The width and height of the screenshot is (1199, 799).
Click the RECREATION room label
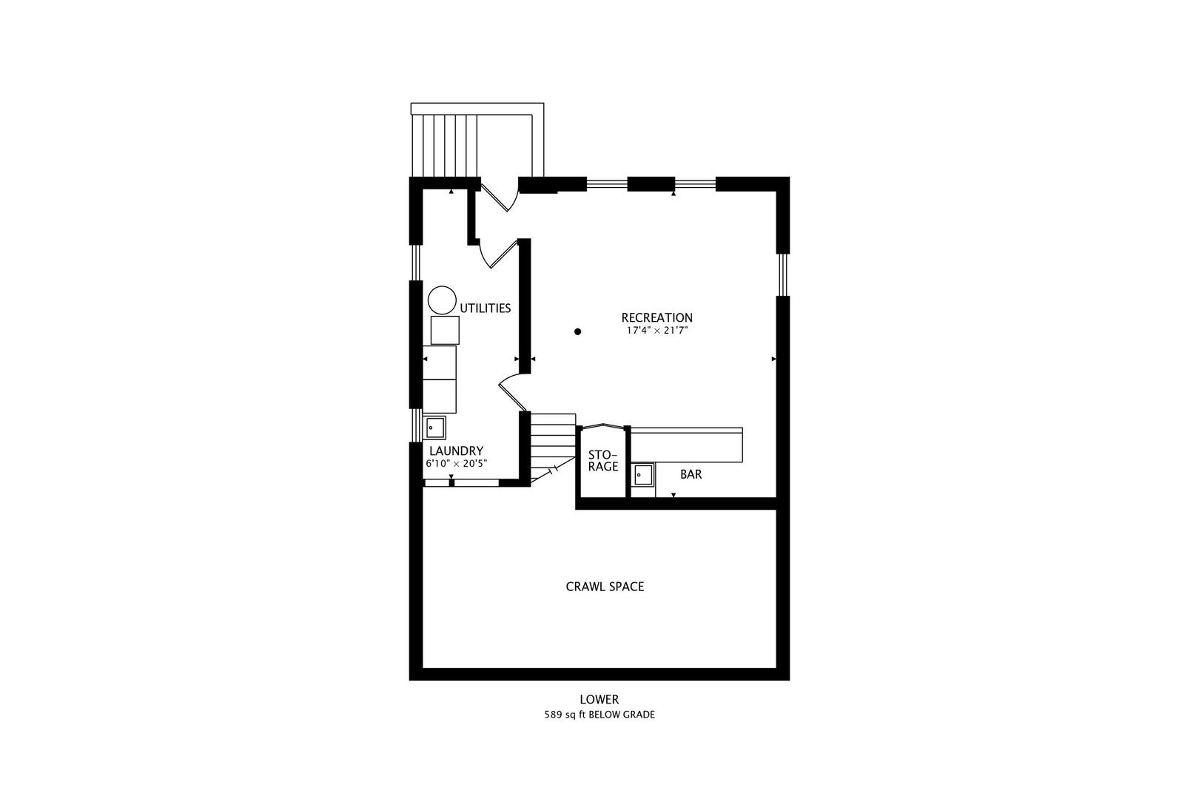point(656,318)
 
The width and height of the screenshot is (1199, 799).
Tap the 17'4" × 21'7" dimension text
point(656,331)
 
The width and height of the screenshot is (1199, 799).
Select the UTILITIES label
point(486,309)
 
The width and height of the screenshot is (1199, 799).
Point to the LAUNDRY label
point(456,451)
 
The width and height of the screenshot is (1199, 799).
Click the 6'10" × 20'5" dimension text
point(456,464)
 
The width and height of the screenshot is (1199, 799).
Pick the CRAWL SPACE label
point(605,587)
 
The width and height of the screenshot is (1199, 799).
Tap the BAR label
point(691,474)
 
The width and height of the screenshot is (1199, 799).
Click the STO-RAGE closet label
point(603,460)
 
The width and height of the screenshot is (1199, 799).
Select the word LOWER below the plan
point(599,699)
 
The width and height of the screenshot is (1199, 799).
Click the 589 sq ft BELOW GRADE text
point(599,715)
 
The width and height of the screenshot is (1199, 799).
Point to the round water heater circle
point(443,300)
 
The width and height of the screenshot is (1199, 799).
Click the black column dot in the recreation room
point(578,332)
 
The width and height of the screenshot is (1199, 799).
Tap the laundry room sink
point(435,428)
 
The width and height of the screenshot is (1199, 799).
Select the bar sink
point(642,474)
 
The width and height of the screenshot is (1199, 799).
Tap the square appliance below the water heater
point(445,330)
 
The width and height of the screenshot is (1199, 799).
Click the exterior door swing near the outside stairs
point(497,195)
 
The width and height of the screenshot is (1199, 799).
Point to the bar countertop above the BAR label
point(686,446)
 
